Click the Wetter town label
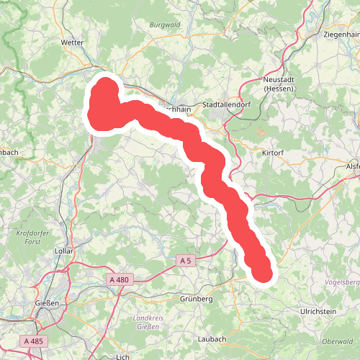click(73, 42)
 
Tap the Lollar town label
click(65, 251)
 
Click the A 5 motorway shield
click(186, 260)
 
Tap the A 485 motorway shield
click(34, 341)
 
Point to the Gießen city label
click(48, 303)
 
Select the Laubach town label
click(211, 338)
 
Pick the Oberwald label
click(337, 341)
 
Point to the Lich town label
click(122, 356)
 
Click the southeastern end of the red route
click(264, 273)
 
